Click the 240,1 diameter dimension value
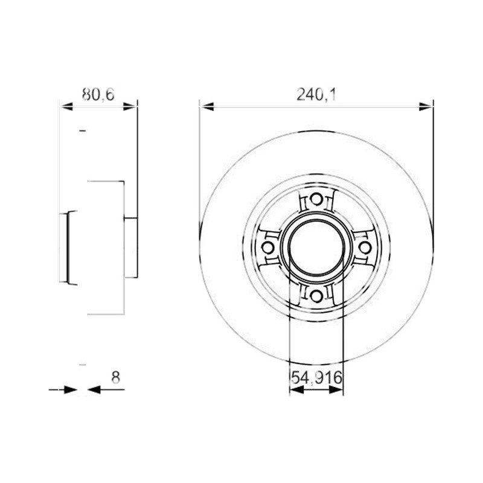(316, 95)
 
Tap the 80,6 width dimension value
(98, 95)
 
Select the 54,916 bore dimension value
(316, 377)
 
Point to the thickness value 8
(115, 377)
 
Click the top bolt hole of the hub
(316, 199)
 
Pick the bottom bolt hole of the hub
(316, 296)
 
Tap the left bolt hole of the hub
(267, 248)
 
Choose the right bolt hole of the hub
(365, 248)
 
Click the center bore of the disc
(316, 248)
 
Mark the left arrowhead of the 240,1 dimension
(206, 107)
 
